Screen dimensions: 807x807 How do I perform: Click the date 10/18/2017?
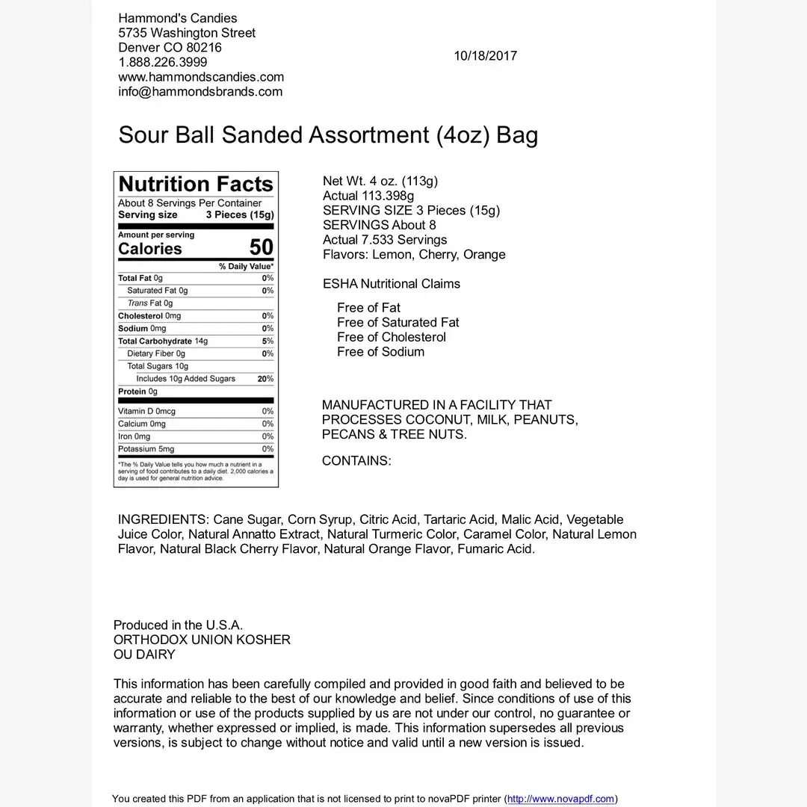click(x=485, y=56)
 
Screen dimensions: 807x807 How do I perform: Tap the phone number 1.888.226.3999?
click(x=163, y=62)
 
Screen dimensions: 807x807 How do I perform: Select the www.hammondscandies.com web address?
click(x=201, y=77)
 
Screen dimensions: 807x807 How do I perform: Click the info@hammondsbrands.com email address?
click(x=200, y=92)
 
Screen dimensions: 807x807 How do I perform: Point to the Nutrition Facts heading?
click(x=196, y=185)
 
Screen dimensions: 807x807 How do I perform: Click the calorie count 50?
click(x=261, y=247)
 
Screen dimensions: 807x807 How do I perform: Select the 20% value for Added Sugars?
click(x=265, y=379)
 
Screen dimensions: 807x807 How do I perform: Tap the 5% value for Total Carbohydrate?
click(x=268, y=341)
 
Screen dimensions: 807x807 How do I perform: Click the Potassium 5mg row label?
click(x=146, y=449)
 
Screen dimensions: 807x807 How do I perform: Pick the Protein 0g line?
click(x=137, y=392)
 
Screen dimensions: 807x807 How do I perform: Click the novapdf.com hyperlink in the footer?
click(x=560, y=799)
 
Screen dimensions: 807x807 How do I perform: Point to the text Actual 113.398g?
click(x=368, y=196)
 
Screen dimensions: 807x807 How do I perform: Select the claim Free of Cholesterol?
click(x=391, y=337)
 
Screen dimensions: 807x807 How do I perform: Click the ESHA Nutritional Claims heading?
click(x=392, y=284)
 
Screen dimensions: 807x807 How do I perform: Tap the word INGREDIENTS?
click(x=164, y=520)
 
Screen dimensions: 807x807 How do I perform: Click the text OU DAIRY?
click(x=144, y=655)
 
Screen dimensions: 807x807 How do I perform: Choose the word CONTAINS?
click(x=356, y=461)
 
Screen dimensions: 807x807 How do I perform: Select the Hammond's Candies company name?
click(x=178, y=19)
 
